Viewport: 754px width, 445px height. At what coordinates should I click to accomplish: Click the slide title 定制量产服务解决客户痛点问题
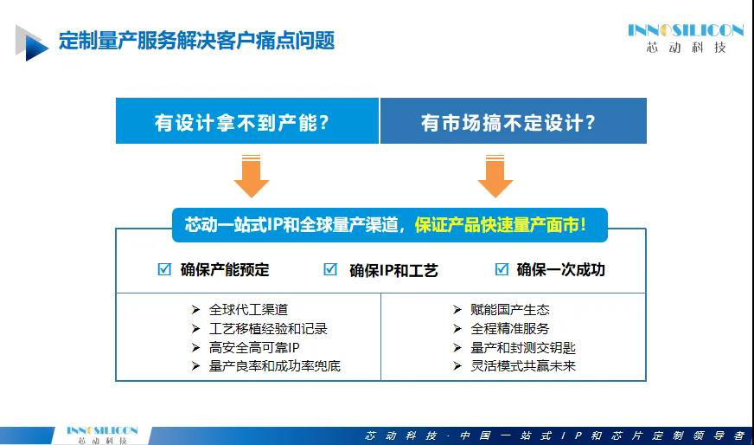tap(196, 41)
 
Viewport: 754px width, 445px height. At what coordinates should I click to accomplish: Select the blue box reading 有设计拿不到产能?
tap(247, 121)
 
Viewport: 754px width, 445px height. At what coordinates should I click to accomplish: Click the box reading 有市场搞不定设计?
tap(514, 121)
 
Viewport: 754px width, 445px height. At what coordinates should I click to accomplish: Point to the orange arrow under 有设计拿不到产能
tap(252, 176)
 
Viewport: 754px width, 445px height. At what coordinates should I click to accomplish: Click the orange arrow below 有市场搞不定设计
tap(495, 176)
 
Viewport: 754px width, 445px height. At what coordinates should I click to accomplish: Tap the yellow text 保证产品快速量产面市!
tap(501, 225)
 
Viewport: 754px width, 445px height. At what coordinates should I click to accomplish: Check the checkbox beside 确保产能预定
tap(164, 268)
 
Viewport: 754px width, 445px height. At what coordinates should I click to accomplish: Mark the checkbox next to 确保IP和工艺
tap(330, 269)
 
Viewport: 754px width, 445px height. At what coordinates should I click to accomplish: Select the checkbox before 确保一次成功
tap(502, 268)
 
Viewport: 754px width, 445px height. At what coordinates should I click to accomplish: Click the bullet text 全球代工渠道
tap(248, 309)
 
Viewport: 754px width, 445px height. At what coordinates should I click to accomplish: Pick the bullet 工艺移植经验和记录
tap(268, 328)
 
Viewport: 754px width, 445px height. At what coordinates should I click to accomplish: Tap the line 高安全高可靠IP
tap(254, 347)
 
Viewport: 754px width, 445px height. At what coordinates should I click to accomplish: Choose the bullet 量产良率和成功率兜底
tap(275, 366)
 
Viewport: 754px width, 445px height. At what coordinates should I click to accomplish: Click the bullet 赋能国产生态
tap(509, 309)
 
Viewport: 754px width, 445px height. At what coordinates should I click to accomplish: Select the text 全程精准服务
tap(509, 328)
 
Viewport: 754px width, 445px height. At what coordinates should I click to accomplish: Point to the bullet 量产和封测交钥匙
tap(523, 347)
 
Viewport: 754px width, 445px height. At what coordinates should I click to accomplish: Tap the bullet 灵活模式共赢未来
tap(523, 366)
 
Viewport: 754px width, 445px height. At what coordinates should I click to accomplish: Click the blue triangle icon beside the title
tap(32, 43)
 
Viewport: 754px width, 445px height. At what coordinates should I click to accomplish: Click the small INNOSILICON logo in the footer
tap(102, 435)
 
